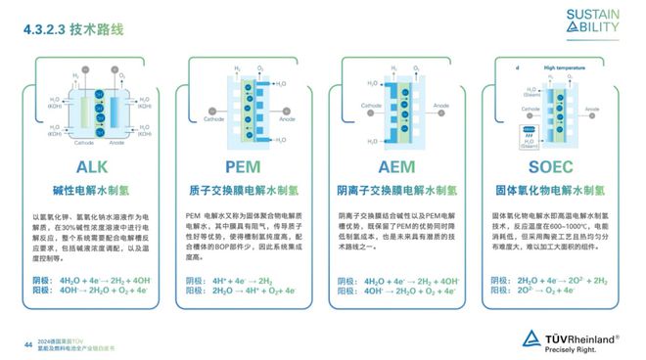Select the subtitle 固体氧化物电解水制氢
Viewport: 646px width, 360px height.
(x=555, y=191)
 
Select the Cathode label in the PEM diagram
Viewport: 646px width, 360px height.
(x=213, y=120)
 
